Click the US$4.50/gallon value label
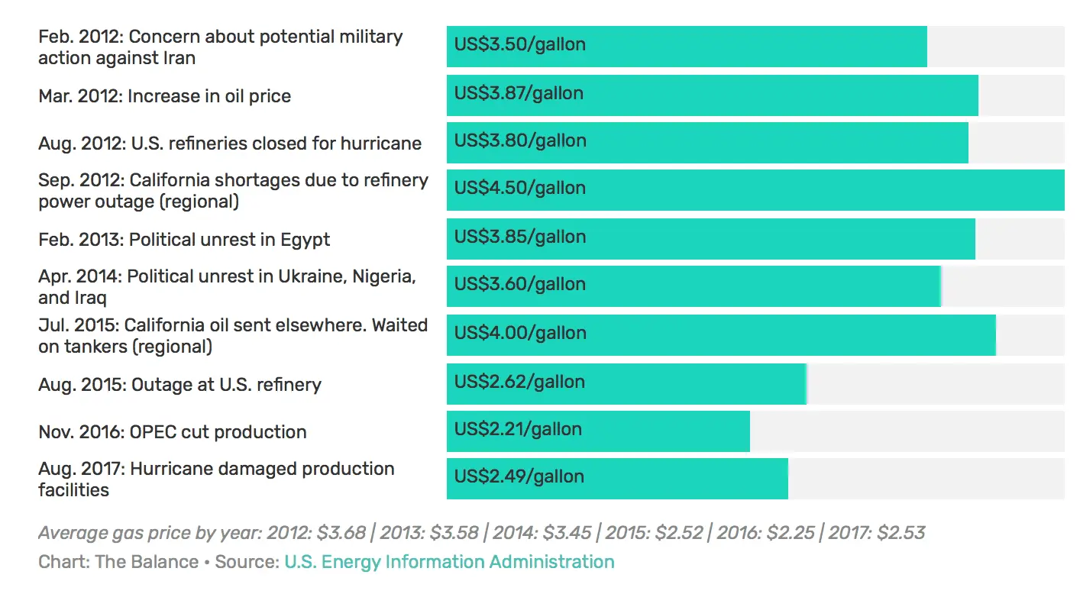520,188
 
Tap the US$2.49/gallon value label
519,476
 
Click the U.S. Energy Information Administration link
449,562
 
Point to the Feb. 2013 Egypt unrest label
184,240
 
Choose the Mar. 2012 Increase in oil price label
164,96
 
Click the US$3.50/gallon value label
520,44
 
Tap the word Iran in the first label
179,58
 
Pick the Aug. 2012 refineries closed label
230,144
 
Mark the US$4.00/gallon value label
520,333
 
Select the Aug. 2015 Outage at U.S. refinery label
179,385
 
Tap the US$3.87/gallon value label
519,93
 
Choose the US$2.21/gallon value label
518,429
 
